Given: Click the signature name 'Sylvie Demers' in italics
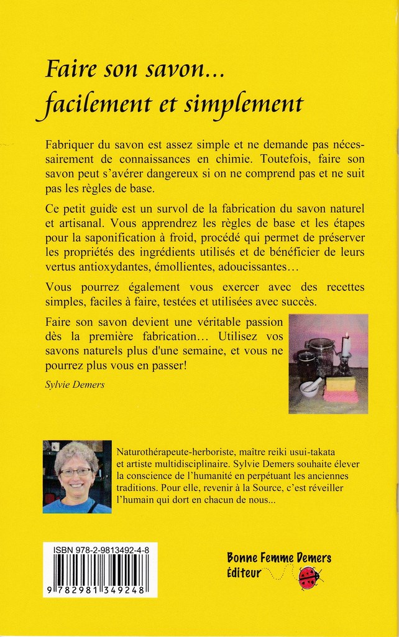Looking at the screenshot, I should [x=75, y=385].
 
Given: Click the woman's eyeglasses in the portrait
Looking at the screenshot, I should [x=76, y=472].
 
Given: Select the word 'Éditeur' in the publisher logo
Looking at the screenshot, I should [x=244, y=573].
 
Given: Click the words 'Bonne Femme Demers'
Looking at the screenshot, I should [x=279, y=557].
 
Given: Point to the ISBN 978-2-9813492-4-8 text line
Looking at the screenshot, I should [x=100, y=550].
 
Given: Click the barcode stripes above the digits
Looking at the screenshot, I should [x=100, y=569].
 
